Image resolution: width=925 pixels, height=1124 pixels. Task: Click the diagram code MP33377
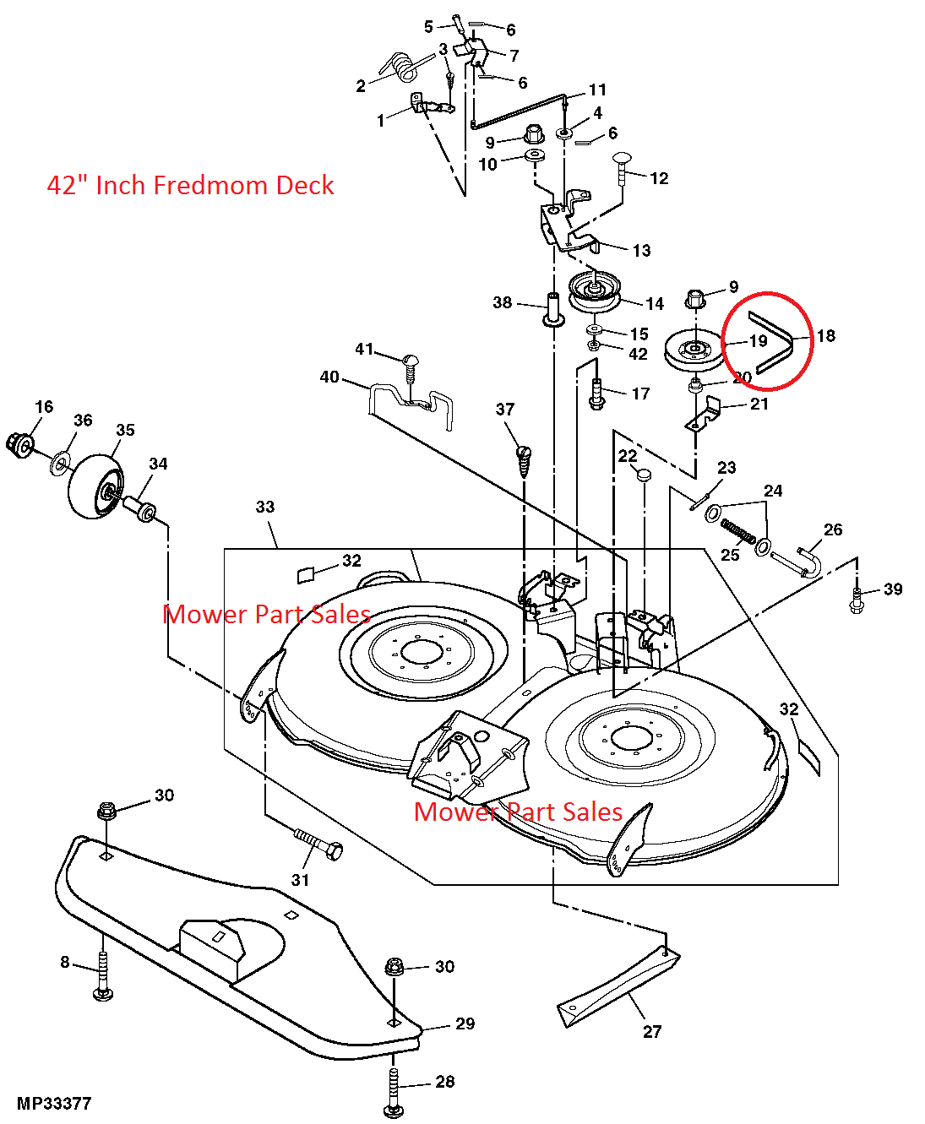(x=54, y=1104)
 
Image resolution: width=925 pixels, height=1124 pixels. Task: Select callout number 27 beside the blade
(x=652, y=1031)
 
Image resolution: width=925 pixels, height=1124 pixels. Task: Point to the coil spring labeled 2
(x=398, y=68)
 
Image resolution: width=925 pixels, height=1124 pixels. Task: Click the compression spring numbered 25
(x=738, y=532)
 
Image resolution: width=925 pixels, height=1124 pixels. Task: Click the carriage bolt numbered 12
(x=622, y=168)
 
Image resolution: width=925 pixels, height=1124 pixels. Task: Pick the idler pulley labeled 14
(x=596, y=293)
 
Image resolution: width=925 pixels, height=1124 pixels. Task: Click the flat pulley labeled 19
(x=694, y=350)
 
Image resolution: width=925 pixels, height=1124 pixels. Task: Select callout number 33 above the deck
(x=265, y=507)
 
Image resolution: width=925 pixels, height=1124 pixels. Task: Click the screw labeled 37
(x=524, y=461)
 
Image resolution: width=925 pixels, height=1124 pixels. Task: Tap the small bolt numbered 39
(x=856, y=600)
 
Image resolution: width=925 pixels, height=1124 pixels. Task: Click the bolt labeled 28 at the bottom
(x=393, y=1091)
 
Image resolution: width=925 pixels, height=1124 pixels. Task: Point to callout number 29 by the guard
(x=465, y=1024)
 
